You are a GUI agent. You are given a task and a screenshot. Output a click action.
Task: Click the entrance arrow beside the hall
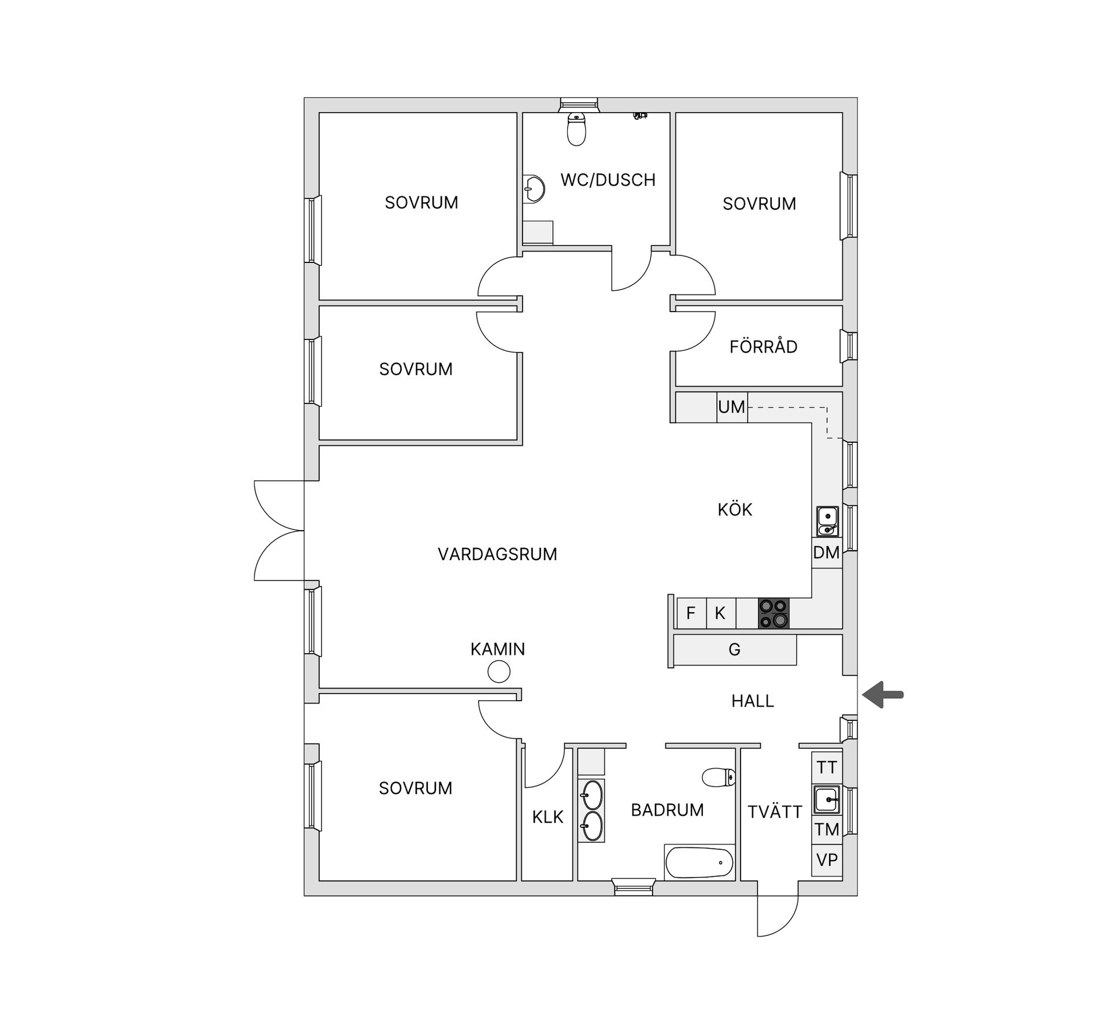pos(883,694)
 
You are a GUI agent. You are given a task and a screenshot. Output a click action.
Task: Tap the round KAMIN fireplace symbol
pos(499,672)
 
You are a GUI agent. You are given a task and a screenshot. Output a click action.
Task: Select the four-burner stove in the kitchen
pos(774,613)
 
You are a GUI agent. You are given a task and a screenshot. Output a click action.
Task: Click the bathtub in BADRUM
pos(700,864)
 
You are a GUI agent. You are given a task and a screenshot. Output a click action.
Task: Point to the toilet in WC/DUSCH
pos(576,129)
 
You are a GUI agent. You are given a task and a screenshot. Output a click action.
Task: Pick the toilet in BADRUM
pos(719,777)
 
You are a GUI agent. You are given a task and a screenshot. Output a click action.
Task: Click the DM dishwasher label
pos(826,553)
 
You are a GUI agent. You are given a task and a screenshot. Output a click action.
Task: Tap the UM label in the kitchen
pos(731,407)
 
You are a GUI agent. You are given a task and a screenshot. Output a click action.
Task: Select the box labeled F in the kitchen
pos(691,613)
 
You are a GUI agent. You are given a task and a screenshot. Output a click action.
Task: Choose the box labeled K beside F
pos(721,613)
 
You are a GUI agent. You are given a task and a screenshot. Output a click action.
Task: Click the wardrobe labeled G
pos(735,650)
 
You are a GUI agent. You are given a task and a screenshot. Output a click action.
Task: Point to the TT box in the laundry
pos(827,768)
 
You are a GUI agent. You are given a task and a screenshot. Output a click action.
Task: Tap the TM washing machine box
pos(827,830)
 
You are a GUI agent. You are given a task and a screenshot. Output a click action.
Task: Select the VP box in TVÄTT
pos(827,860)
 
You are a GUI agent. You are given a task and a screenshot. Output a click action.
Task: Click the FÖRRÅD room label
pos(763,347)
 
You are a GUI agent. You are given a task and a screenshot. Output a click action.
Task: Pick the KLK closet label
pos(547,817)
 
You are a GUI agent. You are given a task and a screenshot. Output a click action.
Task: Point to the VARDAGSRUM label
pos(497,554)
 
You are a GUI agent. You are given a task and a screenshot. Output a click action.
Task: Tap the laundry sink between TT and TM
pos(827,799)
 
